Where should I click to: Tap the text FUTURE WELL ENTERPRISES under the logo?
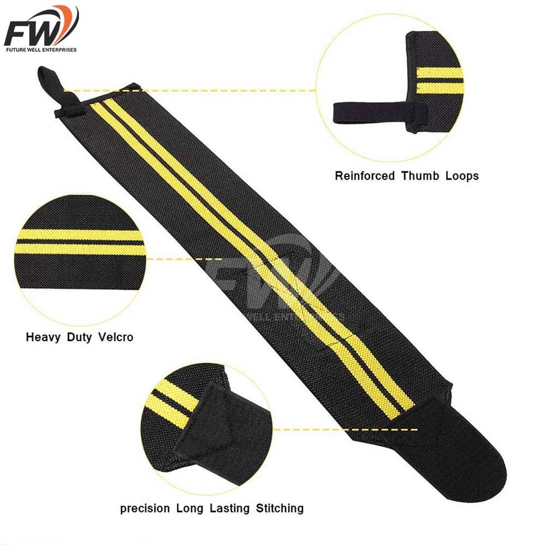tap(40, 49)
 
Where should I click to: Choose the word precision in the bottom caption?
tap(145, 508)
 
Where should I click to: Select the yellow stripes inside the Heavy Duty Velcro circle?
tap(79, 242)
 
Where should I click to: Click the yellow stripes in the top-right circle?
tap(440, 81)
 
